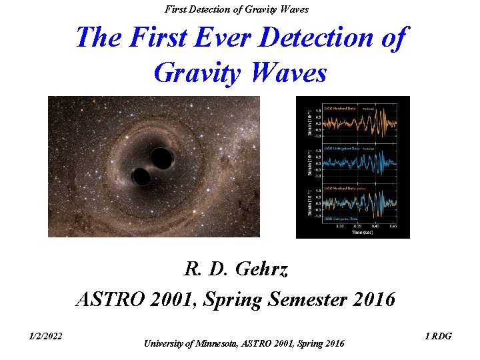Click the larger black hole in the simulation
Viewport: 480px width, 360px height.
coord(162,158)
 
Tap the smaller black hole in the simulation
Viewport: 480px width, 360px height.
coord(141,177)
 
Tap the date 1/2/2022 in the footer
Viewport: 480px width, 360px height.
coord(46,336)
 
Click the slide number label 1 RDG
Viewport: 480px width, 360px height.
coord(438,336)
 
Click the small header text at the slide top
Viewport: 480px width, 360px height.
coord(237,9)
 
